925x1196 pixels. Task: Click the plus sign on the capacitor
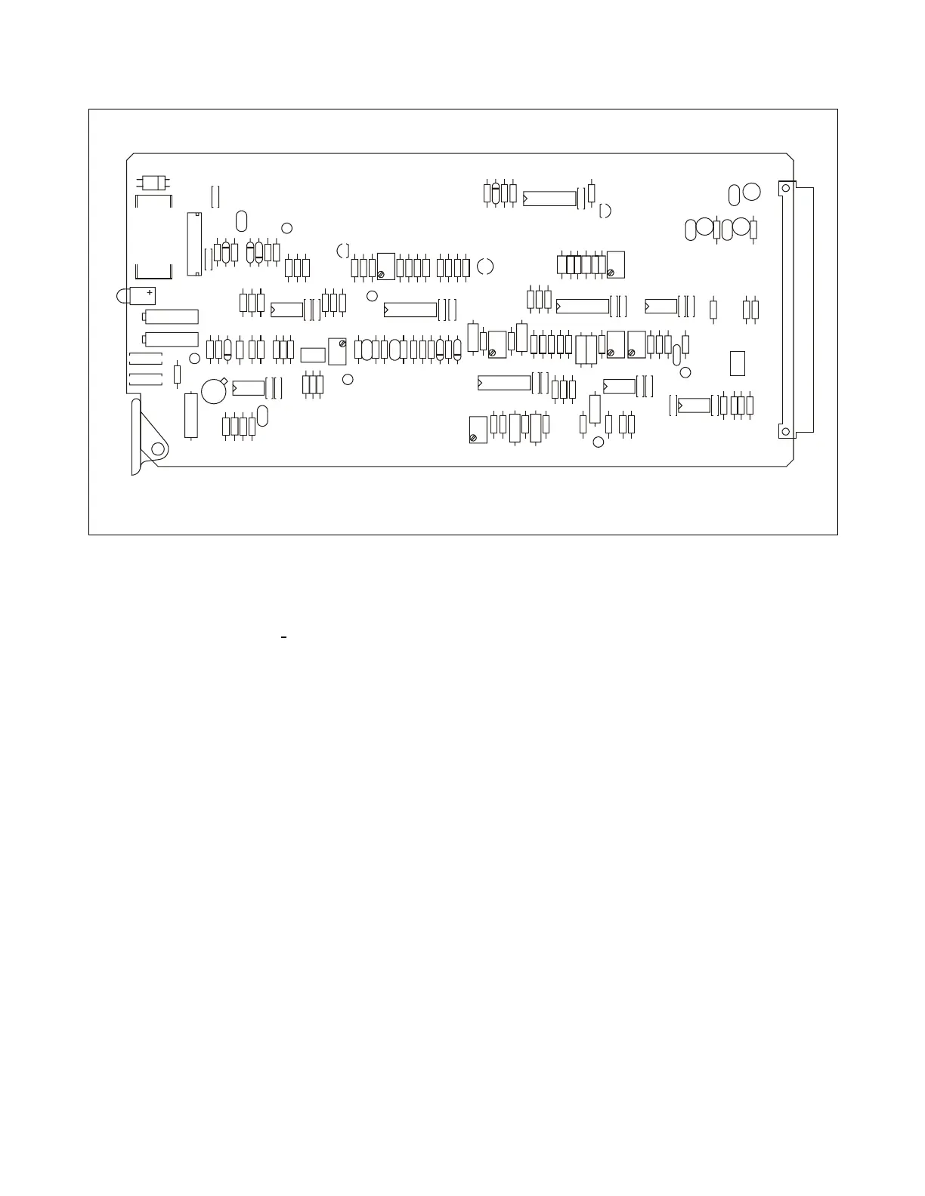tap(150, 292)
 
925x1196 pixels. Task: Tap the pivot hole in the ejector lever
tap(158, 449)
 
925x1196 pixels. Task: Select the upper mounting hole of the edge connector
tap(785, 188)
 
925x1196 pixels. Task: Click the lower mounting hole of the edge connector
tap(785, 432)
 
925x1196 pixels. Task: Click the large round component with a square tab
tap(214, 390)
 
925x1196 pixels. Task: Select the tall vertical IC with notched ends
tap(194, 244)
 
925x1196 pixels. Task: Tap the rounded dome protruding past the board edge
tap(123, 295)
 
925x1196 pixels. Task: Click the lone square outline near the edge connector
tap(738, 363)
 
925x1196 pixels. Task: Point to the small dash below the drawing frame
tap(283, 639)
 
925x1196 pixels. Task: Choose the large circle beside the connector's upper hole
tap(751, 192)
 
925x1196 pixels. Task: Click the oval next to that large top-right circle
tap(734, 196)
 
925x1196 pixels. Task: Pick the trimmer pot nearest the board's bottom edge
tap(478, 430)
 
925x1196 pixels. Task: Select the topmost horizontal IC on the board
tap(549, 199)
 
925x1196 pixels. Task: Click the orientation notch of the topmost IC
tap(526, 200)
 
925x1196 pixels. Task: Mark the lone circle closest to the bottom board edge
tap(598, 442)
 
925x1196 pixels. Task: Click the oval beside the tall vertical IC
tap(241, 221)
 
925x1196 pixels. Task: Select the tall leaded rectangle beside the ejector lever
tap(192, 415)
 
